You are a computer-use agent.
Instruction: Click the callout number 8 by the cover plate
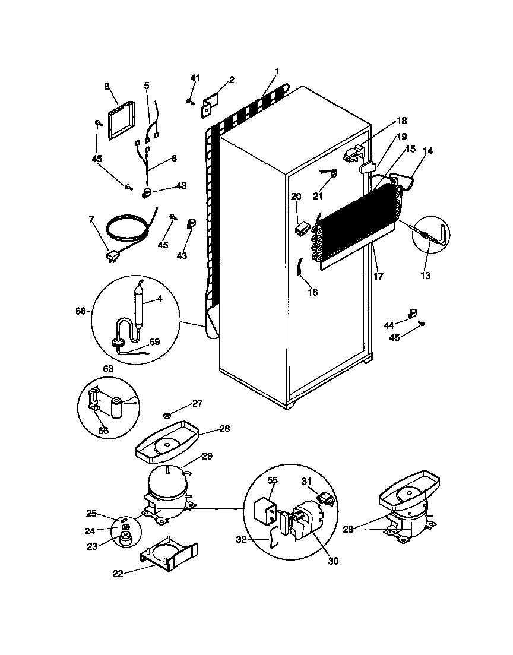pyautogui.click(x=107, y=86)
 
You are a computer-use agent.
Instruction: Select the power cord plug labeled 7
pyautogui.click(x=111, y=257)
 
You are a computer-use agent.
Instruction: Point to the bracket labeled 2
pyautogui.click(x=211, y=105)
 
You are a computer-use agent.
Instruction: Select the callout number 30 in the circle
pyautogui.click(x=333, y=560)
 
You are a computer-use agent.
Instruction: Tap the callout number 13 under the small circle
pyautogui.click(x=426, y=275)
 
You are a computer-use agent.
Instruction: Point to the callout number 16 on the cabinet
pyautogui.click(x=313, y=292)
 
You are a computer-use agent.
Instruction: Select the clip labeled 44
pyautogui.click(x=410, y=313)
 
